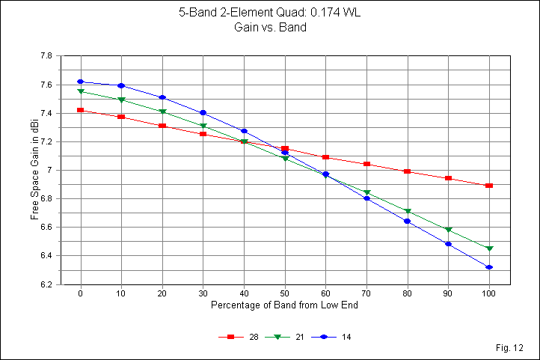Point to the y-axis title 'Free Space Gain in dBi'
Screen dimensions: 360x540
pyautogui.click(x=34, y=170)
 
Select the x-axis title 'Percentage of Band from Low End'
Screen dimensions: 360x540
pyautogui.click(x=284, y=306)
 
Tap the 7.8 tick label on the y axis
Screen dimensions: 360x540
pyautogui.click(x=45, y=56)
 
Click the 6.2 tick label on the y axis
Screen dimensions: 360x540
pyautogui.click(x=45, y=284)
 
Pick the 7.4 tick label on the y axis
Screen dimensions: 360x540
pyautogui.click(x=45, y=113)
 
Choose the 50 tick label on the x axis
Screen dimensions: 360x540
pyautogui.click(x=284, y=294)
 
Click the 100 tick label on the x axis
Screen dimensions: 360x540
pyautogui.click(x=489, y=294)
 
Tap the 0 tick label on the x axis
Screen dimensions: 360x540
pyautogui.click(x=80, y=294)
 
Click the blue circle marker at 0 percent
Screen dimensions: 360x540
pyautogui.click(x=80, y=82)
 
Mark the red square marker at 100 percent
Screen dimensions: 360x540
pyautogui.click(x=489, y=186)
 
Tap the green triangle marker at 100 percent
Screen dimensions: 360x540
pyautogui.click(x=489, y=248)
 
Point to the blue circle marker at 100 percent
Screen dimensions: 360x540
pyautogui.click(x=489, y=267)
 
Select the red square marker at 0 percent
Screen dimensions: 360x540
pyautogui.click(x=80, y=110)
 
